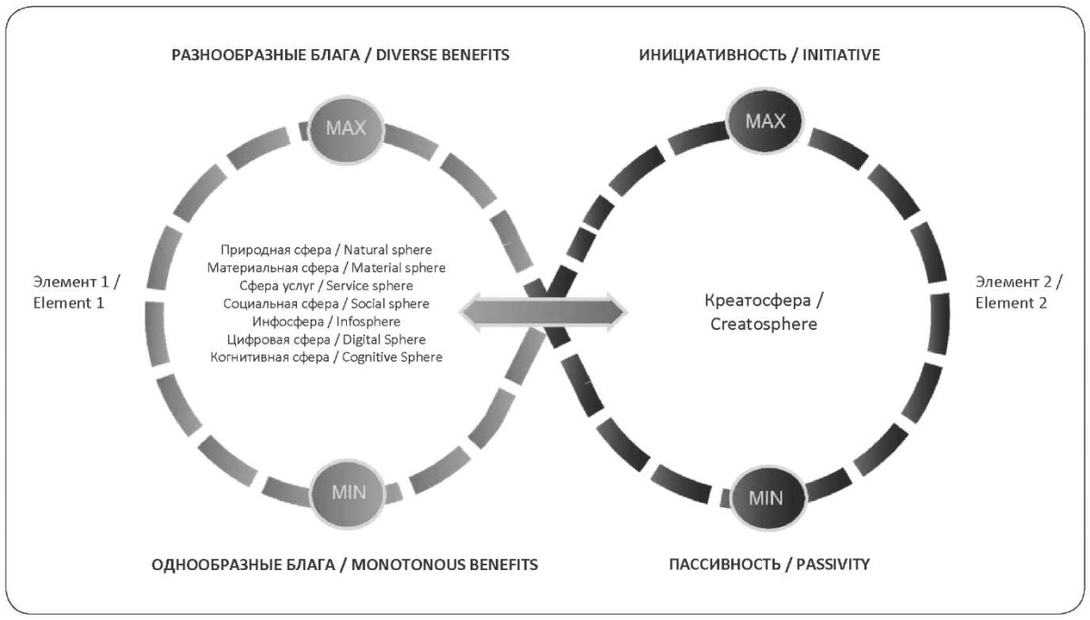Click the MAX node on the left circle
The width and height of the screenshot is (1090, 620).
(x=345, y=128)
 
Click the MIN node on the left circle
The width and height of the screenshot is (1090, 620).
(x=349, y=493)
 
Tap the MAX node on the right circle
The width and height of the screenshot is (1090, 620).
(x=765, y=121)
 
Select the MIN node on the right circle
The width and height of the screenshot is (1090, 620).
(x=767, y=498)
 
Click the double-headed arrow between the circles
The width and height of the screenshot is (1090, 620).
(x=543, y=312)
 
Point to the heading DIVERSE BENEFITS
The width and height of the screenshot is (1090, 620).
(x=443, y=55)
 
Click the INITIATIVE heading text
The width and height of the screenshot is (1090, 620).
(x=841, y=55)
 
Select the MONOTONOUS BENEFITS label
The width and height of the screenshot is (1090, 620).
(x=445, y=565)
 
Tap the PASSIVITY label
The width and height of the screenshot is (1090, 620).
(x=833, y=564)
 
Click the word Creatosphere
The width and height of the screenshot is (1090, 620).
(x=764, y=324)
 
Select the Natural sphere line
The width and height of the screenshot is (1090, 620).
(x=326, y=250)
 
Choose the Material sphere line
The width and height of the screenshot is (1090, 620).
(x=326, y=268)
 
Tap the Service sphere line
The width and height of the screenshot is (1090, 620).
(x=326, y=285)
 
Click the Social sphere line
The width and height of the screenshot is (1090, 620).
(x=326, y=304)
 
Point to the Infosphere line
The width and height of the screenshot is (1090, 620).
(x=326, y=322)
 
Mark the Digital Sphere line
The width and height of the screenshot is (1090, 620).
(x=326, y=339)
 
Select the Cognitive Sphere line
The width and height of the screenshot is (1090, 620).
(x=326, y=357)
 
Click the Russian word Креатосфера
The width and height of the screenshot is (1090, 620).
(x=758, y=301)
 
